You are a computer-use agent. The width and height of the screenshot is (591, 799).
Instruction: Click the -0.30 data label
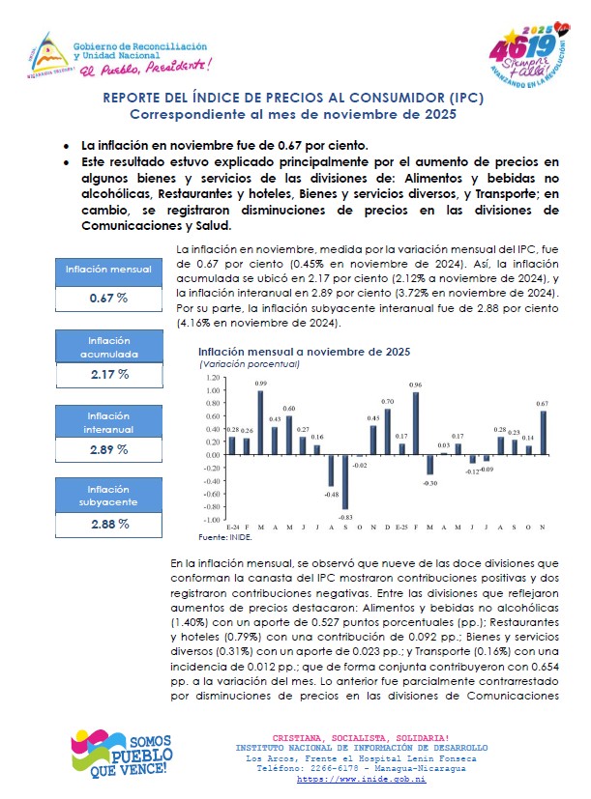point(430,482)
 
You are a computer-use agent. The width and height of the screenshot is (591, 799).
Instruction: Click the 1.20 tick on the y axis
point(213,378)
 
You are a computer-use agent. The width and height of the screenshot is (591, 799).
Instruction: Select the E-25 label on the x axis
point(401,528)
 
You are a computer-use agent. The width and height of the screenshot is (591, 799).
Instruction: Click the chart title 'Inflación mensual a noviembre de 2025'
point(304,352)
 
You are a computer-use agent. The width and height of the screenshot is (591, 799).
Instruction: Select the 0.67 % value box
point(108,298)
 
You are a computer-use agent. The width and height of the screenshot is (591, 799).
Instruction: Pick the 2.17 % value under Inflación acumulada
point(108,374)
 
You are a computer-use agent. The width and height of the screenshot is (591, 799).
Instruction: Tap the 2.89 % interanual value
point(108,449)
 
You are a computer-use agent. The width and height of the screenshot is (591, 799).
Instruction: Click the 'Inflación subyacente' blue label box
point(108,496)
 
